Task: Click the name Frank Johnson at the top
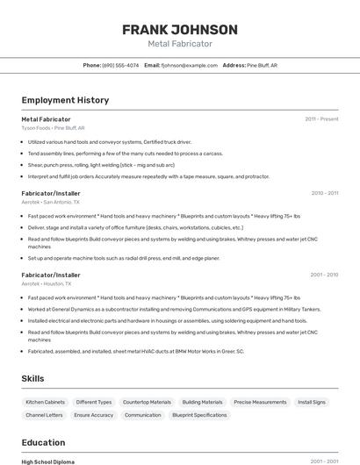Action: (180, 30)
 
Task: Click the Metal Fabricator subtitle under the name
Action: (180, 43)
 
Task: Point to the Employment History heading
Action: (65, 100)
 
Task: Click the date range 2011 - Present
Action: (321, 118)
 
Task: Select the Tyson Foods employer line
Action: (53, 127)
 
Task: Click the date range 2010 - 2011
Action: (324, 192)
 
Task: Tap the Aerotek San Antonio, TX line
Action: (58, 201)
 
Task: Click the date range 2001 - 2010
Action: (324, 275)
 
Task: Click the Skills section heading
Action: (33, 378)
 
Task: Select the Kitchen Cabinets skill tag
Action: (45, 402)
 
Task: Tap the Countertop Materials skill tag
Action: (147, 402)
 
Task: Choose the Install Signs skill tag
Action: (312, 402)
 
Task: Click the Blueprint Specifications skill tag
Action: (199, 415)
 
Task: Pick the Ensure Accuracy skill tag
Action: (93, 415)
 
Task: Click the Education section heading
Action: (43, 442)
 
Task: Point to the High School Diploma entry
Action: (48, 461)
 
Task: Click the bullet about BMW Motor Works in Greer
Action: (136, 351)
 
